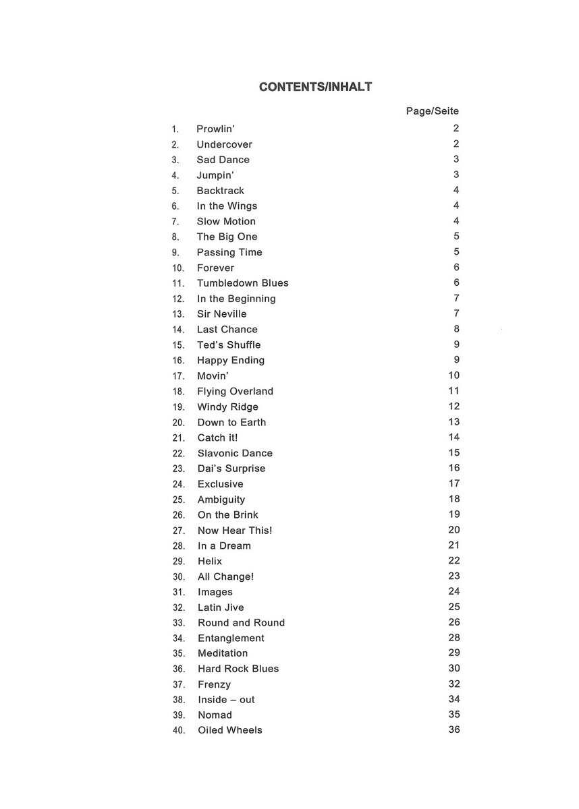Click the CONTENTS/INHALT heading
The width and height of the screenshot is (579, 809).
(x=315, y=87)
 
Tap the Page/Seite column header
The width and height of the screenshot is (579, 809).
(x=432, y=111)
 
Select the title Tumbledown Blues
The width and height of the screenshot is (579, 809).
(x=242, y=283)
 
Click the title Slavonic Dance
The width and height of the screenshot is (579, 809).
(x=235, y=453)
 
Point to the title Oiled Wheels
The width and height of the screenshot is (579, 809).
(x=229, y=730)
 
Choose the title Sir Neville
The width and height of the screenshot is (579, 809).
(x=221, y=314)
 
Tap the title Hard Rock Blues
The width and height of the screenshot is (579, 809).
(x=238, y=669)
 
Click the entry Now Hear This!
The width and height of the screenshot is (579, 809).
(x=235, y=531)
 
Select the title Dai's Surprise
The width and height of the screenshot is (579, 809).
(x=231, y=469)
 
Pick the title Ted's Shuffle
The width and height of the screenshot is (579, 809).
(x=228, y=345)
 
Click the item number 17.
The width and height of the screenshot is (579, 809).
(x=178, y=376)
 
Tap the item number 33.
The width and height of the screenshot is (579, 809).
(x=178, y=623)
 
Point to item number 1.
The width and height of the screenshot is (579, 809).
(x=175, y=129)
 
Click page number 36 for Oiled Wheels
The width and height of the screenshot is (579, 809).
(x=453, y=730)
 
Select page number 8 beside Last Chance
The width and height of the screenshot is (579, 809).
(x=456, y=329)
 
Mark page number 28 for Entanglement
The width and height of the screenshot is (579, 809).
(x=453, y=638)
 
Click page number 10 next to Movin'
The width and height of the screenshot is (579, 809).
(x=453, y=376)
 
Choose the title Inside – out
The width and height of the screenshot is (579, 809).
(x=226, y=700)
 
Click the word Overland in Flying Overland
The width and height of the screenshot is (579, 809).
(x=252, y=392)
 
